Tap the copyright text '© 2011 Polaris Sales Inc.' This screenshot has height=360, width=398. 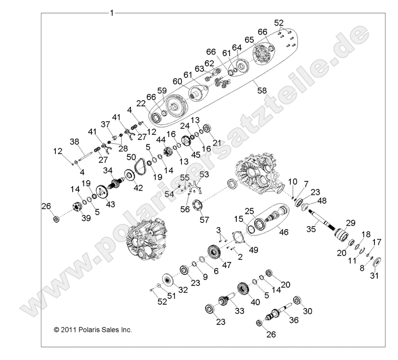[x=93, y=330]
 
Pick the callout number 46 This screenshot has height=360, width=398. [x=283, y=232]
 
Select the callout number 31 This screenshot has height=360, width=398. [x=374, y=276]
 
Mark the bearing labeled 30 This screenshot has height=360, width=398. [x=296, y=301]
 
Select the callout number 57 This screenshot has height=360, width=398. [x=204, y=220]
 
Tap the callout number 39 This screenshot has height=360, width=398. [x=86, y=219]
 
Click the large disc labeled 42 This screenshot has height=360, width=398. [x=129, y=175]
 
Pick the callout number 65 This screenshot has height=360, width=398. [x=249, y=39]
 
